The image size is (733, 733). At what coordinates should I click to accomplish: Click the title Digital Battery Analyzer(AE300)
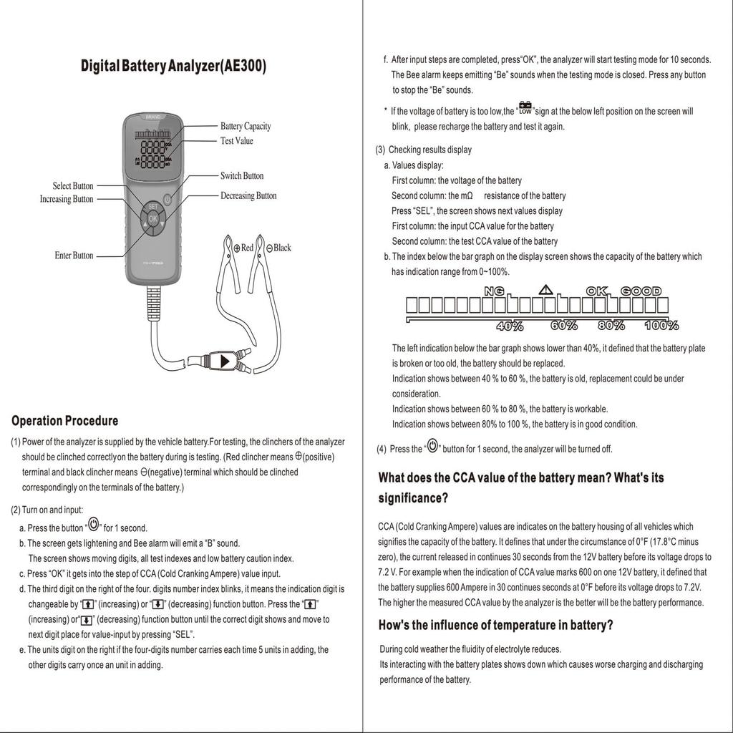click(173, 67)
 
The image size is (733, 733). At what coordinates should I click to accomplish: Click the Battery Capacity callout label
click(246, 127)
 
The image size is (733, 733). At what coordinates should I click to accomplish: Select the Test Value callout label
click(236, 141)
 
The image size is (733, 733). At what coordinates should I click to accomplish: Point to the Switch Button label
click(242, 176)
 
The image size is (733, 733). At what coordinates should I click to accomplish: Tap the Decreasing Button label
click(248, 196)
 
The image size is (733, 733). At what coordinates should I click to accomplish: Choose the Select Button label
click(73, 186)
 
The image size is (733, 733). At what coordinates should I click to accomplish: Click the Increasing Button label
click(67, 199)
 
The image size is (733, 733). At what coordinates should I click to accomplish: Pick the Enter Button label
click(74, 256)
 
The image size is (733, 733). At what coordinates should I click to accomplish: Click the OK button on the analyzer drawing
click(153, 218)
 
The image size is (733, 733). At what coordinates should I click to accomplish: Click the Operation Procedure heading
click(65, 420)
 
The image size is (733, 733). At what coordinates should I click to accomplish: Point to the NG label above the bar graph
click(494, 291)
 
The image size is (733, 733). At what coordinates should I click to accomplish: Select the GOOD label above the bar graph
click(641, 291)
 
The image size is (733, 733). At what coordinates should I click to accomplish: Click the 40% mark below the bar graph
click(510, 326)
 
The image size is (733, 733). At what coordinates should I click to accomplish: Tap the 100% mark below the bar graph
click(661, 326)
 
